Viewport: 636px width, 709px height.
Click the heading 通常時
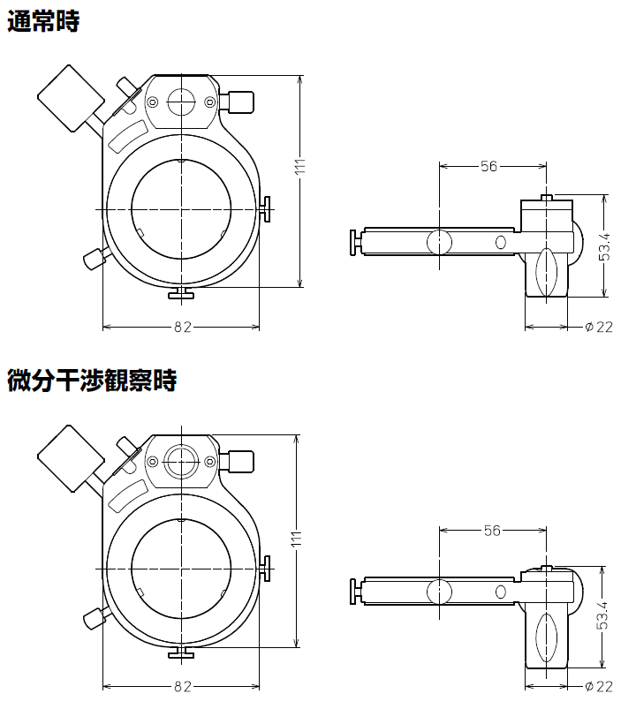tap(43, 22)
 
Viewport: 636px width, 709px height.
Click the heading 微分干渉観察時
tap(92, 381)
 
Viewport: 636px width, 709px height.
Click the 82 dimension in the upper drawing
tap(182, 327)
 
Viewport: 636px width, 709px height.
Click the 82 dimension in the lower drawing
tap(182, 686)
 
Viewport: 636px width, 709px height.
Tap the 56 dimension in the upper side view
tap(489, 165)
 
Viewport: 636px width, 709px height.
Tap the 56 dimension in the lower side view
tap(492, 530)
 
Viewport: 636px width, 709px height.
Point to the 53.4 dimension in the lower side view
tap(603, 615)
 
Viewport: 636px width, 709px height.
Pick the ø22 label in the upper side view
tap(599, 327)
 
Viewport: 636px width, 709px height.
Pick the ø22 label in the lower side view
tap(599, 686)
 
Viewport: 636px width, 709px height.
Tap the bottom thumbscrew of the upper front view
tap(181, 293)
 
